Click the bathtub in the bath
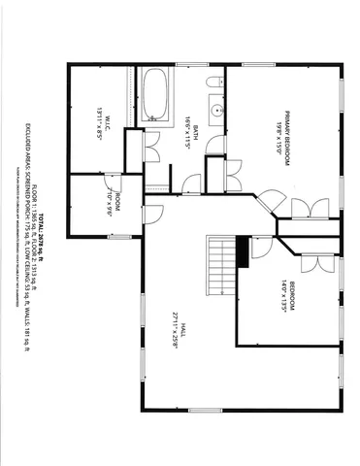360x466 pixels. [x=156, y=96]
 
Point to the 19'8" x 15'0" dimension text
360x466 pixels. [x=277, y=132]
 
